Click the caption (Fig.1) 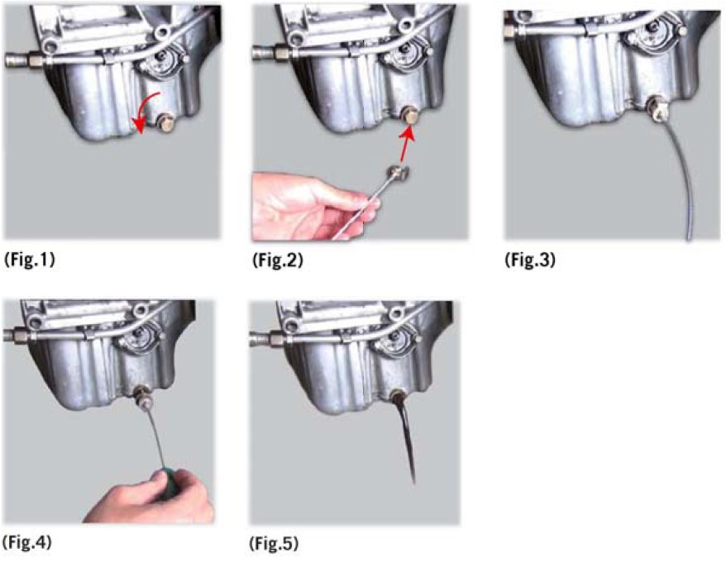pos(30,260)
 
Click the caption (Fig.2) pos(278,260)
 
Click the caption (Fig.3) pos(530,260)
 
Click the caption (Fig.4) pos(26,542)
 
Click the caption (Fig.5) pos(274,543)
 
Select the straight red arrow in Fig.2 pos(406,143)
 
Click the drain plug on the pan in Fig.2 pos(408,114)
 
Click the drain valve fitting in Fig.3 pos(657,109)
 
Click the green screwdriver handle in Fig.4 pos(165,483)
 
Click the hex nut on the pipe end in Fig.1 pos(36,60)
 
